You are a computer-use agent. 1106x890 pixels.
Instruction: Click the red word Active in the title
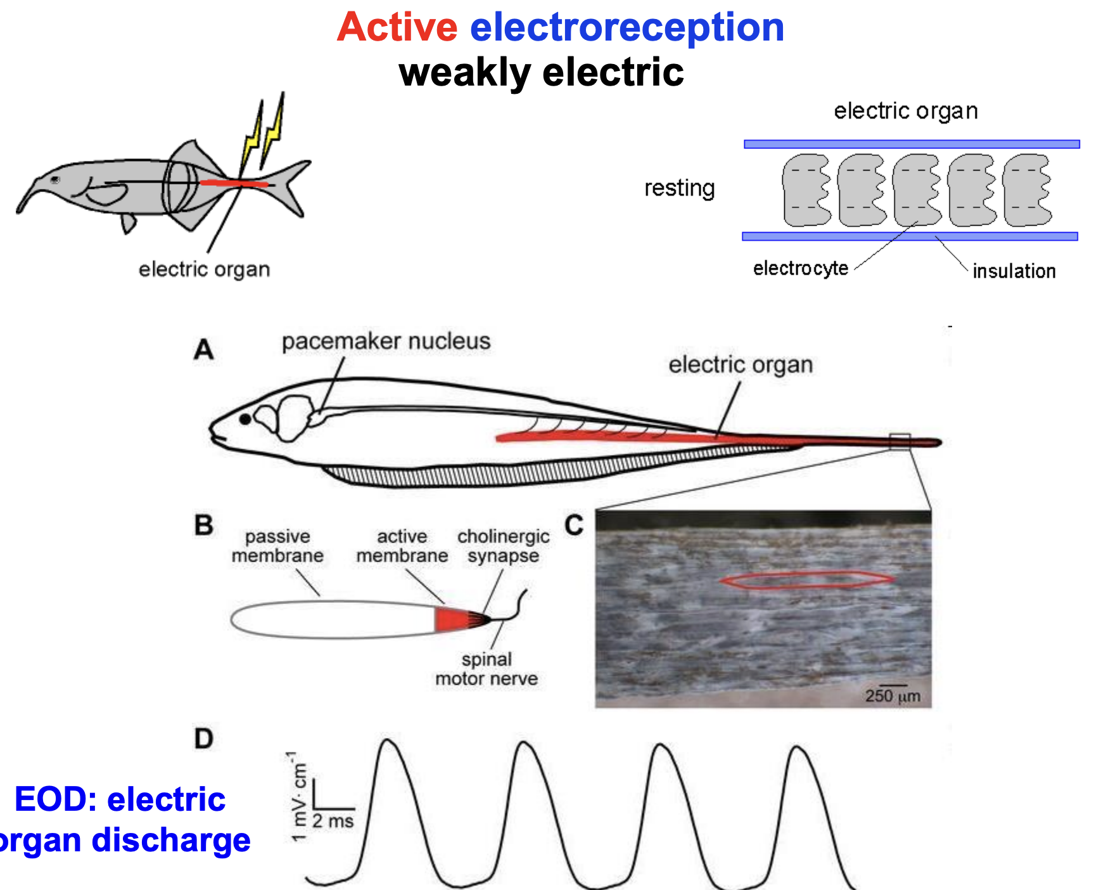pyautogui.click(x=397, y=27)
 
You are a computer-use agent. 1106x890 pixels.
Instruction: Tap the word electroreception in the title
pyautogui.click(x=626, y=27)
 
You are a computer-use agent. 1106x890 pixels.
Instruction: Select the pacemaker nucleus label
pyautogui.click(x=386, y=341)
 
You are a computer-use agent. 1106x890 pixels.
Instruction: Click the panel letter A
pyautogui.click(x=204, y=350)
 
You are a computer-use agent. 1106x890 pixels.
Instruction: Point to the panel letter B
pyautogui.click(x=204, y=526)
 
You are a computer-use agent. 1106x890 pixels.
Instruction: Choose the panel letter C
pyautogui.click(x=574, y=526)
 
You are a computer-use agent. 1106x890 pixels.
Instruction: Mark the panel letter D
pyautogui.click(x=204, y=738)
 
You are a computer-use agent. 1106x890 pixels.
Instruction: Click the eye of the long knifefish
pyautogui.click(x=245, y=419)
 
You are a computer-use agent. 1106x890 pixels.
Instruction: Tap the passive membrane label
pyautogui.click(x=277, y=546)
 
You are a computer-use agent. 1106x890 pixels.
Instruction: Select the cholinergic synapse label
pyautogui.click(x=504, y=546)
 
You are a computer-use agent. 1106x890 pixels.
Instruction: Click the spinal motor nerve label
pyautogui.click(x=486, y=669)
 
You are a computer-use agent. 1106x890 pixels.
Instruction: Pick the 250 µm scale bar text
pyautogui.click(x=893, y=696)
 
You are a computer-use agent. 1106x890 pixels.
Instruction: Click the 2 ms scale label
pyautogui.click(x=333, y=822)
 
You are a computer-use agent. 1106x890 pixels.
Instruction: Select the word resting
pyautogui.click(x=680, y=188)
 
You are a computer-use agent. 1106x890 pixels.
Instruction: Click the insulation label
pyautogui.click(x=1014, y=271)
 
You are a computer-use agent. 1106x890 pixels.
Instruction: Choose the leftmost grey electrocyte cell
pyautogui.click(x=806, y=190)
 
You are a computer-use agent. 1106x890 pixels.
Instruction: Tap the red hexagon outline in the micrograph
pyautogui.click(x=807, y=580)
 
